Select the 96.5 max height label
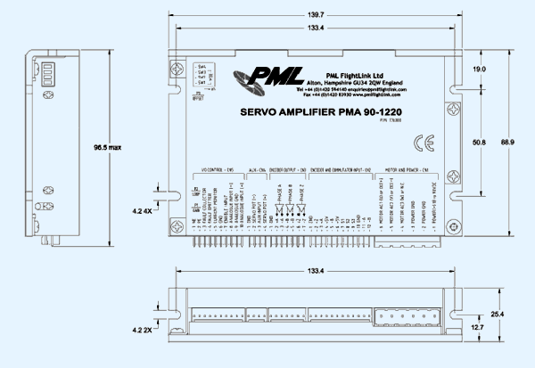108,146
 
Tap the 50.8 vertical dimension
479,142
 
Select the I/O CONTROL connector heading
213,168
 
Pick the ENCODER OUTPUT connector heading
287,168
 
